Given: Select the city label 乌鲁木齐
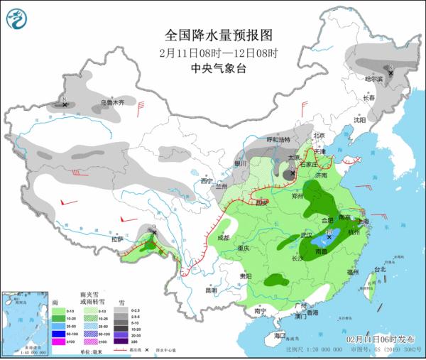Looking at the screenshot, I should pos(111,103).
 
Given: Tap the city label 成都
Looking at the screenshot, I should pos(222,237).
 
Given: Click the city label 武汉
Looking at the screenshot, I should pos(307,234).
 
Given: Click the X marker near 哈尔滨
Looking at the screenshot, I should pos(390,72).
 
